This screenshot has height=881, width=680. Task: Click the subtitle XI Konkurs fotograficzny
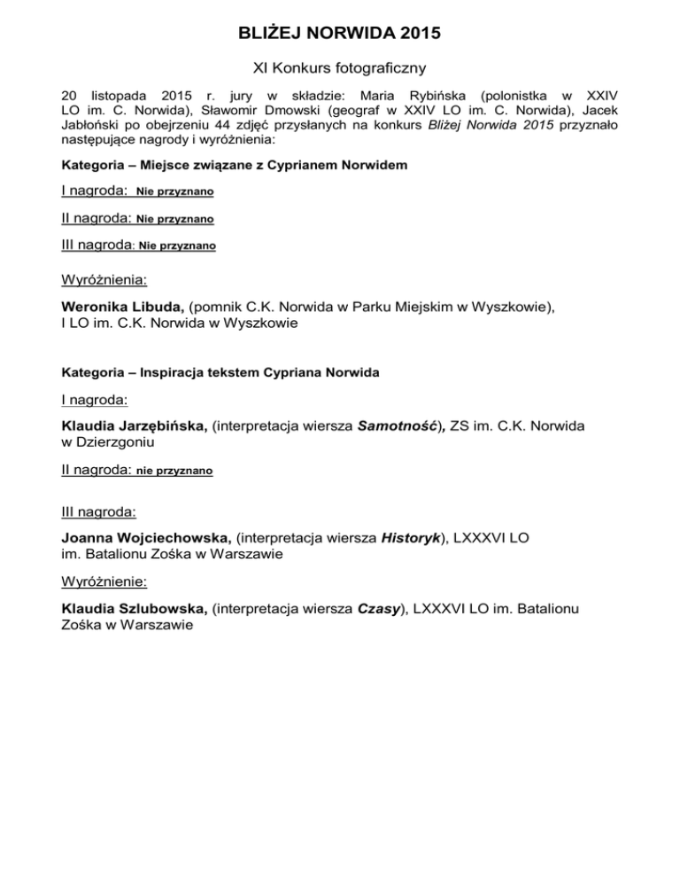click(339, 67)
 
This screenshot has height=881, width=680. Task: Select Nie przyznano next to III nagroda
click(177, 246)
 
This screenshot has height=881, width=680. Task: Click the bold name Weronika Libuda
click(123, 307)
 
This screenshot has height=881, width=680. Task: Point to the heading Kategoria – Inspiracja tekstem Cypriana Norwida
click(220, 373)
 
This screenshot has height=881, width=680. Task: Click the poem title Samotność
click(399, 427)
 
